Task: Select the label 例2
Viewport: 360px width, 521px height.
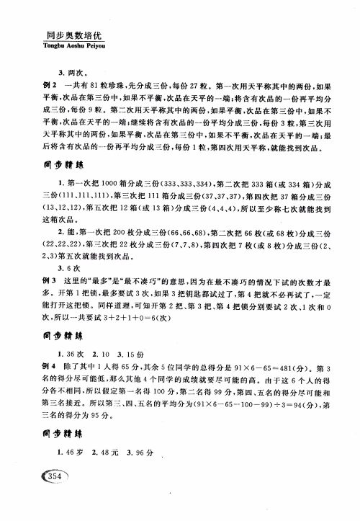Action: point(53,85)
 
